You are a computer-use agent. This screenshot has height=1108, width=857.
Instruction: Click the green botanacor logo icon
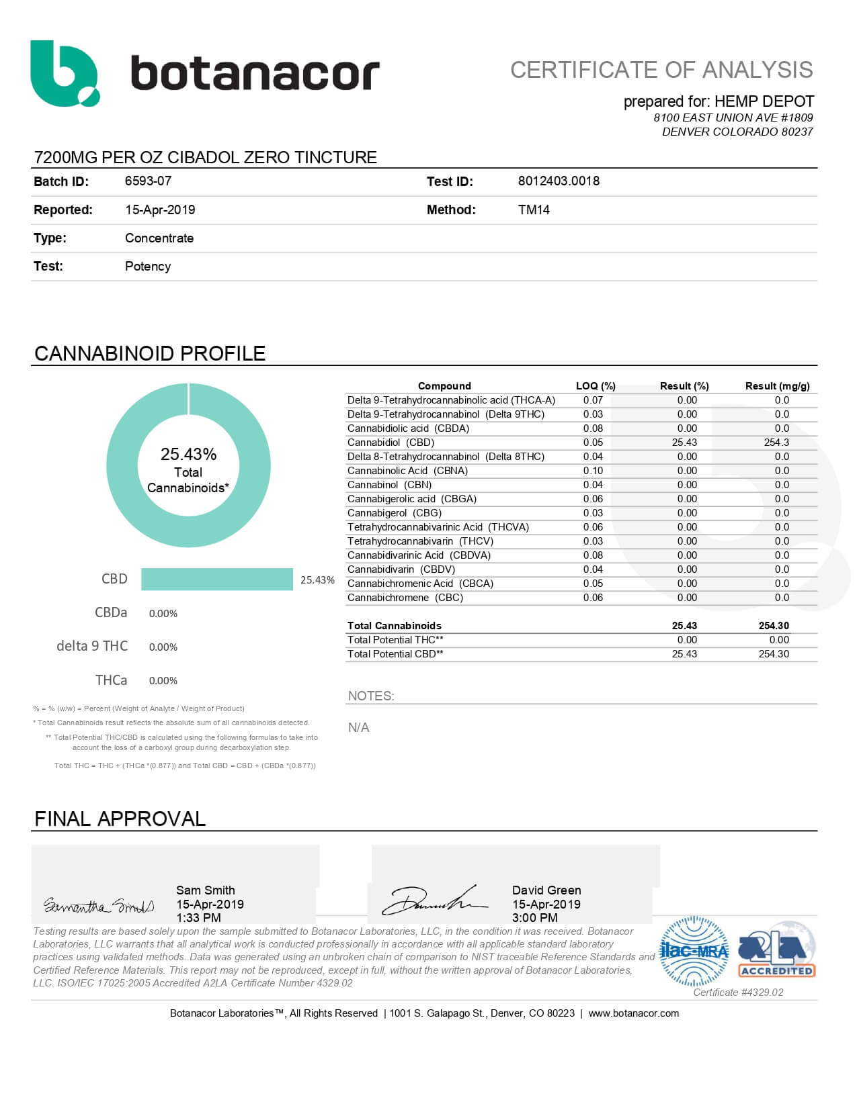[65, 73]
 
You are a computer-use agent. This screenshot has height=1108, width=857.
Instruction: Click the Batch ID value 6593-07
[148, 181]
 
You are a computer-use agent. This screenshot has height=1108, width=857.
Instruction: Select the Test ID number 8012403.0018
[559, 181]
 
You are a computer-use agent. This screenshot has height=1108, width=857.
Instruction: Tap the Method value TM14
[534, 210]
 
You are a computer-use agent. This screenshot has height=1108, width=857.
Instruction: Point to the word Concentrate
[159, 238]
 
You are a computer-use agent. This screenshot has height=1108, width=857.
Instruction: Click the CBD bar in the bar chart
[216, 580]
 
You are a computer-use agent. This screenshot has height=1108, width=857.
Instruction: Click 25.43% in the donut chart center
[188, 455]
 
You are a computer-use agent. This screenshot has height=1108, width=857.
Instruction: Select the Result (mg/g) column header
[777, 386]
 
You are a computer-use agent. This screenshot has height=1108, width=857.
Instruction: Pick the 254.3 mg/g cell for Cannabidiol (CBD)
[776, 443]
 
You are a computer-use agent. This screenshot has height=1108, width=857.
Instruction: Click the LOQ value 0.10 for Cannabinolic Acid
[593, 471]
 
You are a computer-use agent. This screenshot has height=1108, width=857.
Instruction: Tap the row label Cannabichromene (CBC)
[405, 598]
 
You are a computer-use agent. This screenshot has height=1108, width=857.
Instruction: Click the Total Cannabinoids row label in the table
[394, 626]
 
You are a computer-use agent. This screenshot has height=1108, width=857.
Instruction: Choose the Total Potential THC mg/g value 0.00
[779, 640]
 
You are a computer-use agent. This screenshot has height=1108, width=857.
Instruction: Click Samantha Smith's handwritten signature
[99, 906]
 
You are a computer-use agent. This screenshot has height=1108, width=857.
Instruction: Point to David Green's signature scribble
[434, 901]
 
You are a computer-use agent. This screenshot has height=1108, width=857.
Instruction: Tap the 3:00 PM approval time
[535, 918]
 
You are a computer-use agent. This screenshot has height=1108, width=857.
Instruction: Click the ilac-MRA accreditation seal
[694, 951]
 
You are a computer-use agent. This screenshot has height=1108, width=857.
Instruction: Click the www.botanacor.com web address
[633, 1013]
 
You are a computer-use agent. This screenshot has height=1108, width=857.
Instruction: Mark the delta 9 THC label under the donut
[92, 646]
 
